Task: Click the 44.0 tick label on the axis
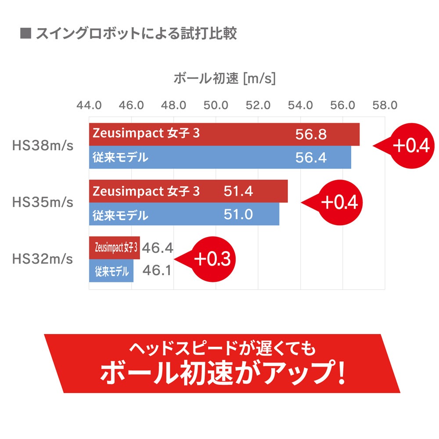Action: [89, 106]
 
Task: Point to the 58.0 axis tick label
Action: [385, 106]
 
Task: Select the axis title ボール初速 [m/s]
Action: [224, 79]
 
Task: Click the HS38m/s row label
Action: [43, 146]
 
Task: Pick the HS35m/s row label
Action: [43, 203]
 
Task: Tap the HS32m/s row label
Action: [43, 259]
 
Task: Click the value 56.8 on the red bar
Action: [311, 134]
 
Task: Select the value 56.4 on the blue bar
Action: [311, 158]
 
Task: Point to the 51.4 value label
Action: [238, 191]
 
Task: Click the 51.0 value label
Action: [238, 215]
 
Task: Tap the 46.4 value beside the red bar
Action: [158, 248]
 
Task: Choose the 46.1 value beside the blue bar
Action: [157, 271]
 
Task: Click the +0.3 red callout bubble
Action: [212, 259]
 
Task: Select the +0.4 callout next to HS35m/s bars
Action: [339, 202]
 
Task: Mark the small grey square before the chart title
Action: [25, 34]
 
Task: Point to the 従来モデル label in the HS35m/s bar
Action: [120, 215]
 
